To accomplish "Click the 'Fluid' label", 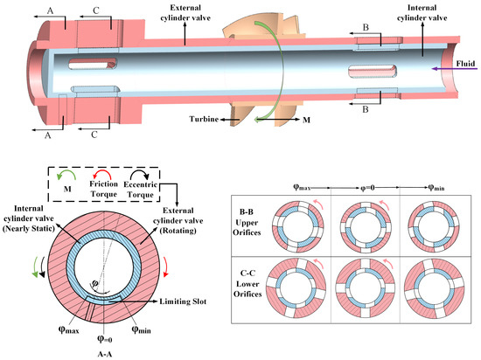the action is pyautogui.click(x=465, y=64).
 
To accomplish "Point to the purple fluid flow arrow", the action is pyautogui.click(x=454, y=69).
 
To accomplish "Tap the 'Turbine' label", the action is pyautogui.click(x=204, y=119).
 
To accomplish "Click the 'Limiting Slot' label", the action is pyautogui.click(x=183, y=301).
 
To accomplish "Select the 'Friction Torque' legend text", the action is pyautogui.click(x=103, y=189).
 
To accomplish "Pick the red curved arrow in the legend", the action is pyautogui.click(x=101, y=175).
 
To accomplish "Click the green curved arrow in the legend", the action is pyautogui.click(x=66, y=175).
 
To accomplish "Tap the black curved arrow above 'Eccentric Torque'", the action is pyautogui.click(x=140, y=175).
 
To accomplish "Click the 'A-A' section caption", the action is pyautogui.click(x=105, y=354).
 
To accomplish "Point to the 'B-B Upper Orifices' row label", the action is pyautogui.click(x=247, y=223).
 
